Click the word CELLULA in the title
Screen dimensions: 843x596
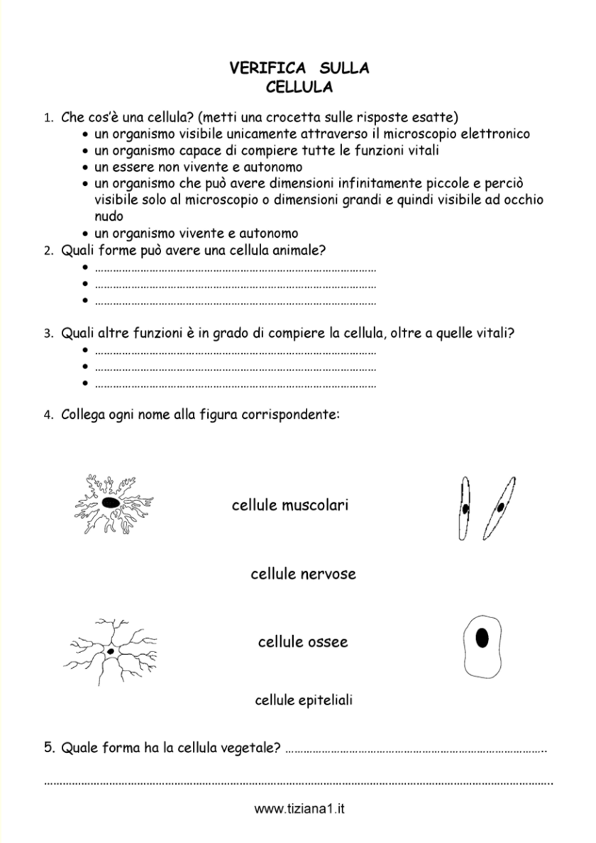coord(299,87)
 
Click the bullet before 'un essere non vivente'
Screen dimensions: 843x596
coord(85,168)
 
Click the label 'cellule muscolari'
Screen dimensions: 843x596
coord(289,506)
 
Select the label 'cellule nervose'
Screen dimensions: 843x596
coord(303,573)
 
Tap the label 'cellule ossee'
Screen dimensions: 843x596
coord(302,642)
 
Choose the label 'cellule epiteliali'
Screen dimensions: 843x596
coord(304,701)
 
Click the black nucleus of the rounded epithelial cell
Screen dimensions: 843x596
coord(482,638)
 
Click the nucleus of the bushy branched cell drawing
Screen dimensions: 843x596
coord(110,502)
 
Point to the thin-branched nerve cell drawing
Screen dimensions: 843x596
coord(110,649)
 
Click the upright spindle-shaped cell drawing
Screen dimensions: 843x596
coord(465,507)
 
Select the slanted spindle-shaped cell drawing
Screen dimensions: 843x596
coord(500,507)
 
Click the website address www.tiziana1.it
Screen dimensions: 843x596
coord(299,809)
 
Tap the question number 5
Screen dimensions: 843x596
coord(48,747)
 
